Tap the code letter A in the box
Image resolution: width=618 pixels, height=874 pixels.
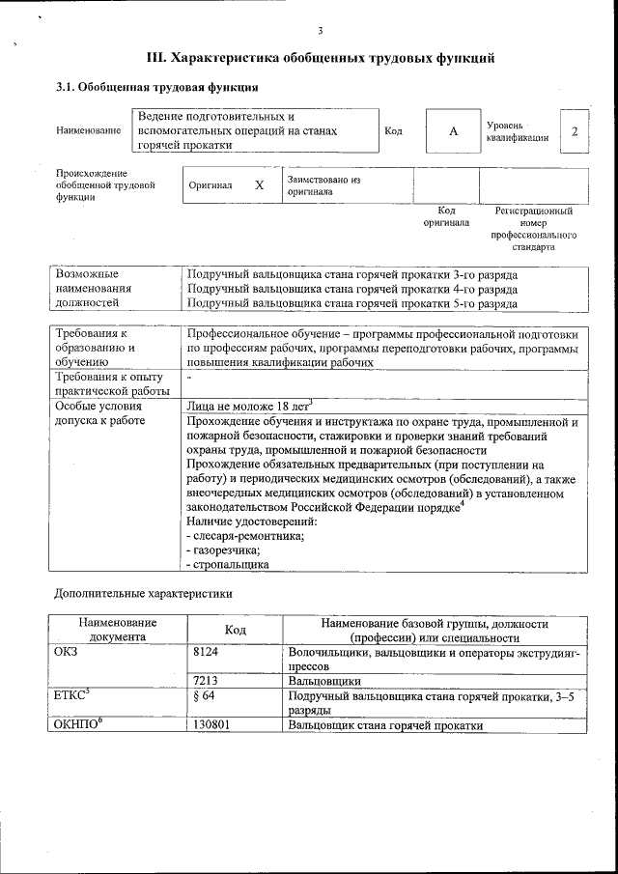click(453, 131)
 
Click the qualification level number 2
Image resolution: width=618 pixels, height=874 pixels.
click(575, 130)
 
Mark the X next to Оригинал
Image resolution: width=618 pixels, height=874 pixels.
click(259, 184)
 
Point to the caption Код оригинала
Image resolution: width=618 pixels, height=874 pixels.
click(446, 216)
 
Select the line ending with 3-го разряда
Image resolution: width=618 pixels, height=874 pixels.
click(351, 274)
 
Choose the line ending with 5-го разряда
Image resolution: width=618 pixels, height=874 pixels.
click(351, 303)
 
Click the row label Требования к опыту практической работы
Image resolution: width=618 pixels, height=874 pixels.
click(109, 383)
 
